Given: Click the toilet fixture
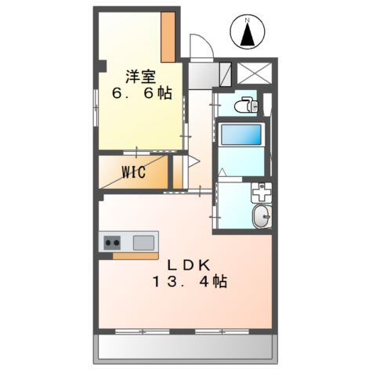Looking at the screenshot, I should tap(248, 104).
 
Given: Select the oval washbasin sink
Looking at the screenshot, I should tap(260, 217).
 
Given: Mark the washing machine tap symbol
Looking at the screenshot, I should tap(261, 192).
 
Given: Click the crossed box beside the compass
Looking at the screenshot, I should tap(254, 73).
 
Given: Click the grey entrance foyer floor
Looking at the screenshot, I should tap(204, 74).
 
